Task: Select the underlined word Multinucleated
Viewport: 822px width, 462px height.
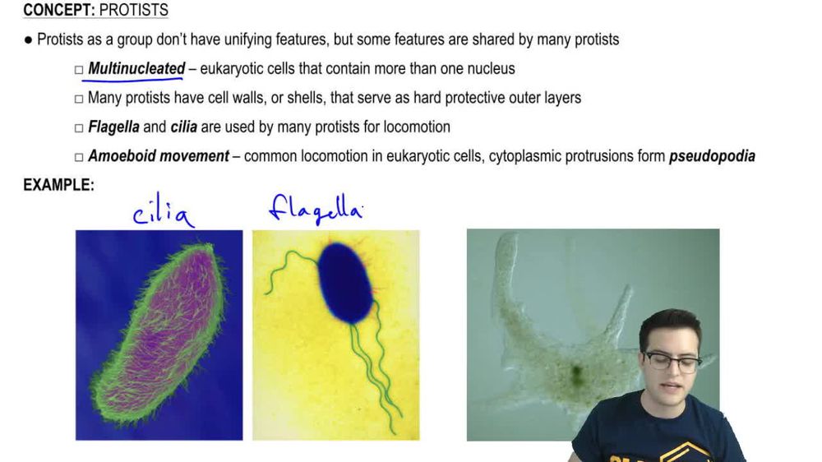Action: (136, 68)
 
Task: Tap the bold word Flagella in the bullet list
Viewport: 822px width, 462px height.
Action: (113, 127)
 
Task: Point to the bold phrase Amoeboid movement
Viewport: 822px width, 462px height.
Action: (159, 155)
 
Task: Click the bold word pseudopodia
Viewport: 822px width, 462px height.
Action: (712, 155)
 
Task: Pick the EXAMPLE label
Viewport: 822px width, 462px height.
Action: (58, 185)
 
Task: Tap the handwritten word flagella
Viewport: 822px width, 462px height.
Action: (316, 209)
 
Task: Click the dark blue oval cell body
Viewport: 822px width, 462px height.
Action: (344, 282)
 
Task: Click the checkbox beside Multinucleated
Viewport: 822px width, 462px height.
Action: (79, 70)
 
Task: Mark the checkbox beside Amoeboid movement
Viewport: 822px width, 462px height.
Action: (79, 156)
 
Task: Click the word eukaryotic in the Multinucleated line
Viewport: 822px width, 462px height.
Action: (230, 68)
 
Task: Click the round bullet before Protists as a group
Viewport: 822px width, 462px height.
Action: (29, 39)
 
